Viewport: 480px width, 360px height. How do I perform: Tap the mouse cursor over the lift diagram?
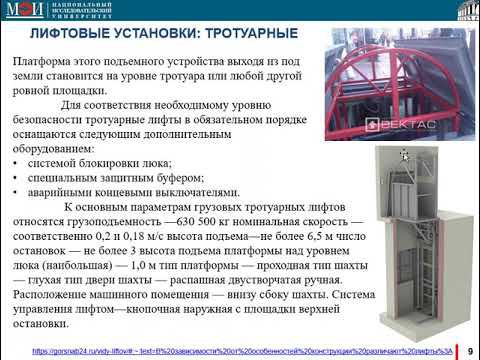pyautogui.click(x=405, y=154)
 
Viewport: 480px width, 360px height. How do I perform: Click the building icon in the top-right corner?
pyautogui.click(x=463, y=11)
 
